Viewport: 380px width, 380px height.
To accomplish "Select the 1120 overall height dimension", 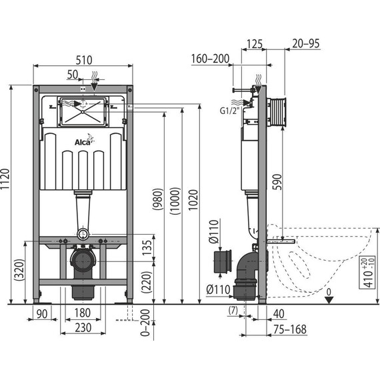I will [7, 194].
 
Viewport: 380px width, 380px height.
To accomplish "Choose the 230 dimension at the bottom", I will [82, 328].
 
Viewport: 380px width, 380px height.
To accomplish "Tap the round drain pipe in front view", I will [82, 259].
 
